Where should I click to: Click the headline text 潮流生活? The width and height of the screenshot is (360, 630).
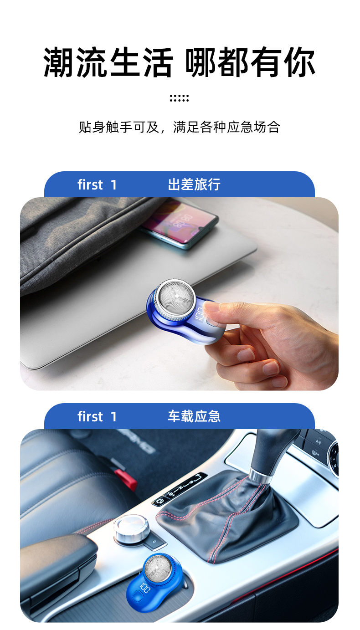[x=108, y=62]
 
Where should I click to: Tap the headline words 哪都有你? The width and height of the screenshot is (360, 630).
[x=250, y=62]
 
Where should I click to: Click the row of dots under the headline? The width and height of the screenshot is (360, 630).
[x=179, y=98]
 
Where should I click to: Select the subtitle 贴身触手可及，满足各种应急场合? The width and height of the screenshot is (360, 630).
[x=180, y=127]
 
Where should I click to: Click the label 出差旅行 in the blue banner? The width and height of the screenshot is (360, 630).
[x=194, y=184]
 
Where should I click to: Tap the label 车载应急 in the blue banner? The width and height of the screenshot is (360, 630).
[x=194, y=416]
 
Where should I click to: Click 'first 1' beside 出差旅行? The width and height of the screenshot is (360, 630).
[x=97, y=185]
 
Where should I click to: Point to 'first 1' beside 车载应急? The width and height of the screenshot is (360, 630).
[x=97, y=416]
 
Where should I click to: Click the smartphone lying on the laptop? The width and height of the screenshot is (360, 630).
[x=180, y=224]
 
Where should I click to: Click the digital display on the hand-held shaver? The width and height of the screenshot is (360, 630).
[x=200, y=314]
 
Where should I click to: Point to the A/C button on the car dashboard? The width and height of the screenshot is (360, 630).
[x=318, y=442]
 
